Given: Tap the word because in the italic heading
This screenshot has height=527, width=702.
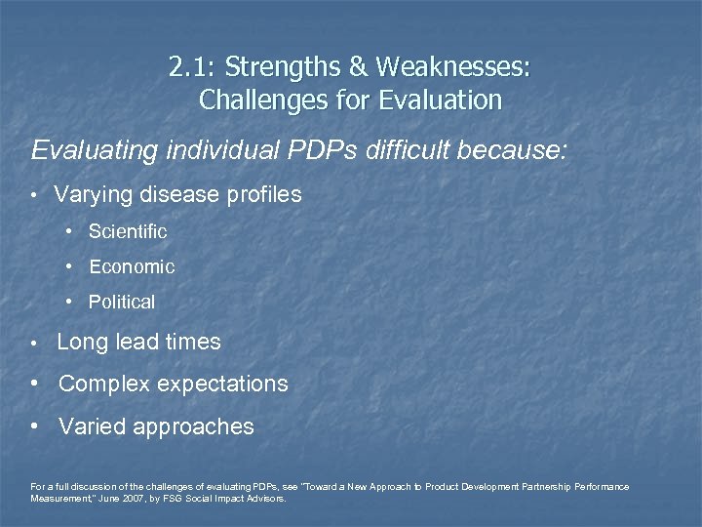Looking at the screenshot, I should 518,151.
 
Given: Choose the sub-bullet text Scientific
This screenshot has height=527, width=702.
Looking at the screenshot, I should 128,232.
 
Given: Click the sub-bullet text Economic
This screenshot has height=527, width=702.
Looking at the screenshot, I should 132,266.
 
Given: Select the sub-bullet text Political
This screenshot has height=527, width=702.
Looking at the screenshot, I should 122,303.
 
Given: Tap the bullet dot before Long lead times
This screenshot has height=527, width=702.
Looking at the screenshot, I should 35,344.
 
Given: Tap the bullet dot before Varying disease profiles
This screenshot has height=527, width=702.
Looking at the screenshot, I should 35,195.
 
